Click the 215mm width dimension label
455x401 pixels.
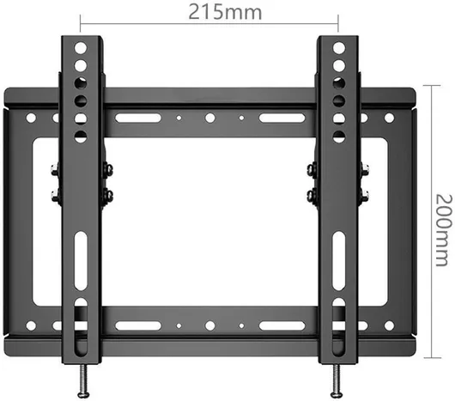[225, 12]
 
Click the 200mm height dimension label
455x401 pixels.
[444, 230]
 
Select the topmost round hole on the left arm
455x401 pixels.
[81, 48]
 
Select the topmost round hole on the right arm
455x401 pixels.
[339, 48]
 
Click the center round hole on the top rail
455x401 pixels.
[209, 118]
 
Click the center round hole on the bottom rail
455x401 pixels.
[209, 325]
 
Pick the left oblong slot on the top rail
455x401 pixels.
[138, 118]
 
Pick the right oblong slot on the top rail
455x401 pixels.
[282, 118]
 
